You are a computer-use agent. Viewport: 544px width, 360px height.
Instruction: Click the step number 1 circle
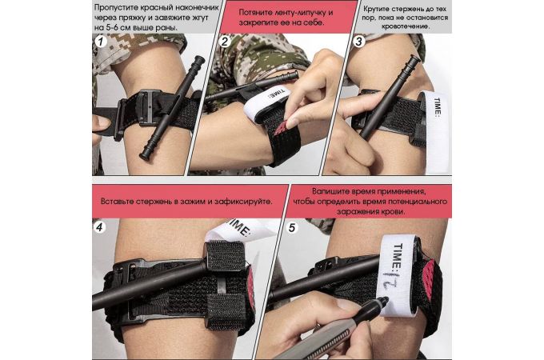(101, 42)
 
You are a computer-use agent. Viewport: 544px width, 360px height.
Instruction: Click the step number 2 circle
(225, 42)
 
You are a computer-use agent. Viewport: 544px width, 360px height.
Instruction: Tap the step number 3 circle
(358, 42)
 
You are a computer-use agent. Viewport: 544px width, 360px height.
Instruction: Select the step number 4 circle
(99, 227)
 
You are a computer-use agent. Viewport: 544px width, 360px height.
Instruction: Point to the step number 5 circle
(292, 227)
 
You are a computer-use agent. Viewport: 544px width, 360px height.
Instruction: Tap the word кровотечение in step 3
(406, 26)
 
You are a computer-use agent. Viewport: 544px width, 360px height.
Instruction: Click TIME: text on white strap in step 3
(438, 107)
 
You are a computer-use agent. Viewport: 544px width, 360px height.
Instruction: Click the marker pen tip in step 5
(385, 298)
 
